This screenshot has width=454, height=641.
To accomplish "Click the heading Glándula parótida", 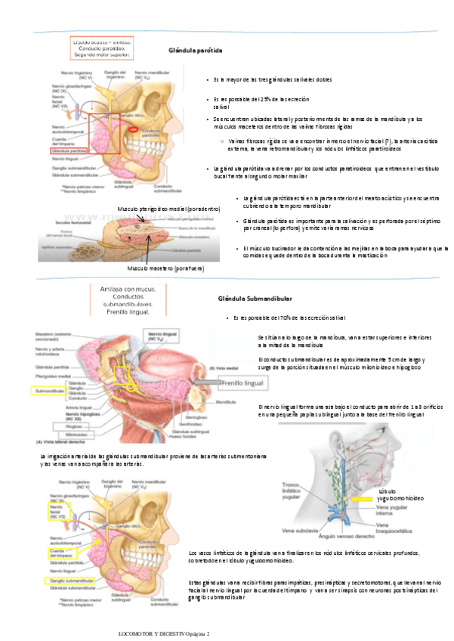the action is (195, 50).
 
